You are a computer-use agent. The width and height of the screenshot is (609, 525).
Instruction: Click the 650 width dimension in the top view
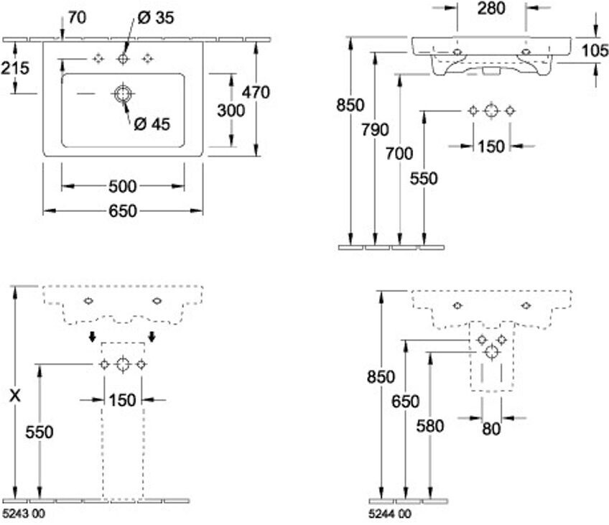click(123, 211)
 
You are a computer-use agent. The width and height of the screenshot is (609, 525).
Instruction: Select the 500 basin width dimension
click(123, 187)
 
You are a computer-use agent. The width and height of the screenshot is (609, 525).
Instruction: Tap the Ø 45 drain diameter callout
click(152, 124)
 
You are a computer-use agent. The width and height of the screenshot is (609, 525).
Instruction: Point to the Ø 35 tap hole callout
click(156, 17)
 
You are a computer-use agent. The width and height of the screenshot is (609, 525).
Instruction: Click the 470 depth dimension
click(256, 93)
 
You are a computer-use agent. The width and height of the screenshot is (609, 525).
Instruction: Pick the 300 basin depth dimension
click(231, 111)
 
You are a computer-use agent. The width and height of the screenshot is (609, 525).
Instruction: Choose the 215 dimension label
click(15, 68)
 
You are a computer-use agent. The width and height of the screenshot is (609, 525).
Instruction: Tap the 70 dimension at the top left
click(77, 17)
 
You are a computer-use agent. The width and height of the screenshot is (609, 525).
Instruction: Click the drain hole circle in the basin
click(123, 94)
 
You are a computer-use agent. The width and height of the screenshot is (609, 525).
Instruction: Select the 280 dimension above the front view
click(491, 9)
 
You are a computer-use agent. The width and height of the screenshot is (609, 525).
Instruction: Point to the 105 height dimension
click(594, 50)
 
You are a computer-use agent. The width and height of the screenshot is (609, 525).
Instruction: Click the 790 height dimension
click(375, 130)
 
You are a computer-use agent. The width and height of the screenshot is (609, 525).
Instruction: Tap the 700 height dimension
click(399, 154)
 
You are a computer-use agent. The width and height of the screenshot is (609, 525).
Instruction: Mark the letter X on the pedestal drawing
click(15, 396)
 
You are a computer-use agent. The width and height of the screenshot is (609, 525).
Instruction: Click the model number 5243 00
click(23, 514)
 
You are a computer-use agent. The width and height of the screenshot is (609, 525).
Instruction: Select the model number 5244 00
click(389, 514)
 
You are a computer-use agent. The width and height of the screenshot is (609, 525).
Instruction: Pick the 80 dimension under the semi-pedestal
click(491, 429)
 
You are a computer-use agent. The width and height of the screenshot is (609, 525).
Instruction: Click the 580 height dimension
click(430, 427)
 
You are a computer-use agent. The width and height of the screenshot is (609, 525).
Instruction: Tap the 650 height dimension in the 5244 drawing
click(406, 401)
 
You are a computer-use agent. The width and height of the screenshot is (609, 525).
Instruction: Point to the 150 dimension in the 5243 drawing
click(123, 400)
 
